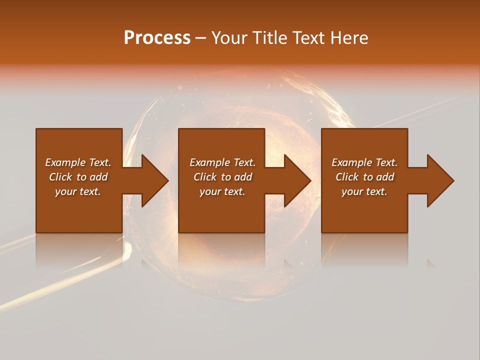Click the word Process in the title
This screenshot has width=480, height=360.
[x=157, y=38]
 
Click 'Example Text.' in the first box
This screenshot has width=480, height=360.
[x=78, y=162]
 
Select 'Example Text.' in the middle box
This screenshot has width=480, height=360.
[x=222, y=162]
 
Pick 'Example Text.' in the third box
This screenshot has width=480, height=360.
[x=364, y=162]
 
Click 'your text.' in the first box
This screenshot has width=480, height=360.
[x=78, y=191]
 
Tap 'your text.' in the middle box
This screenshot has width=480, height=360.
[x=222, y=191]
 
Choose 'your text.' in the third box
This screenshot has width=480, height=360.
[x=364, y=191]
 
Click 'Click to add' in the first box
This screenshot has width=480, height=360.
[x=78, y=177]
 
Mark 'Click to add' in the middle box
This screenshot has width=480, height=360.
[x=222, y=177]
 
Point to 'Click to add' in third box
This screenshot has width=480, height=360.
[x=364, y=177]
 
